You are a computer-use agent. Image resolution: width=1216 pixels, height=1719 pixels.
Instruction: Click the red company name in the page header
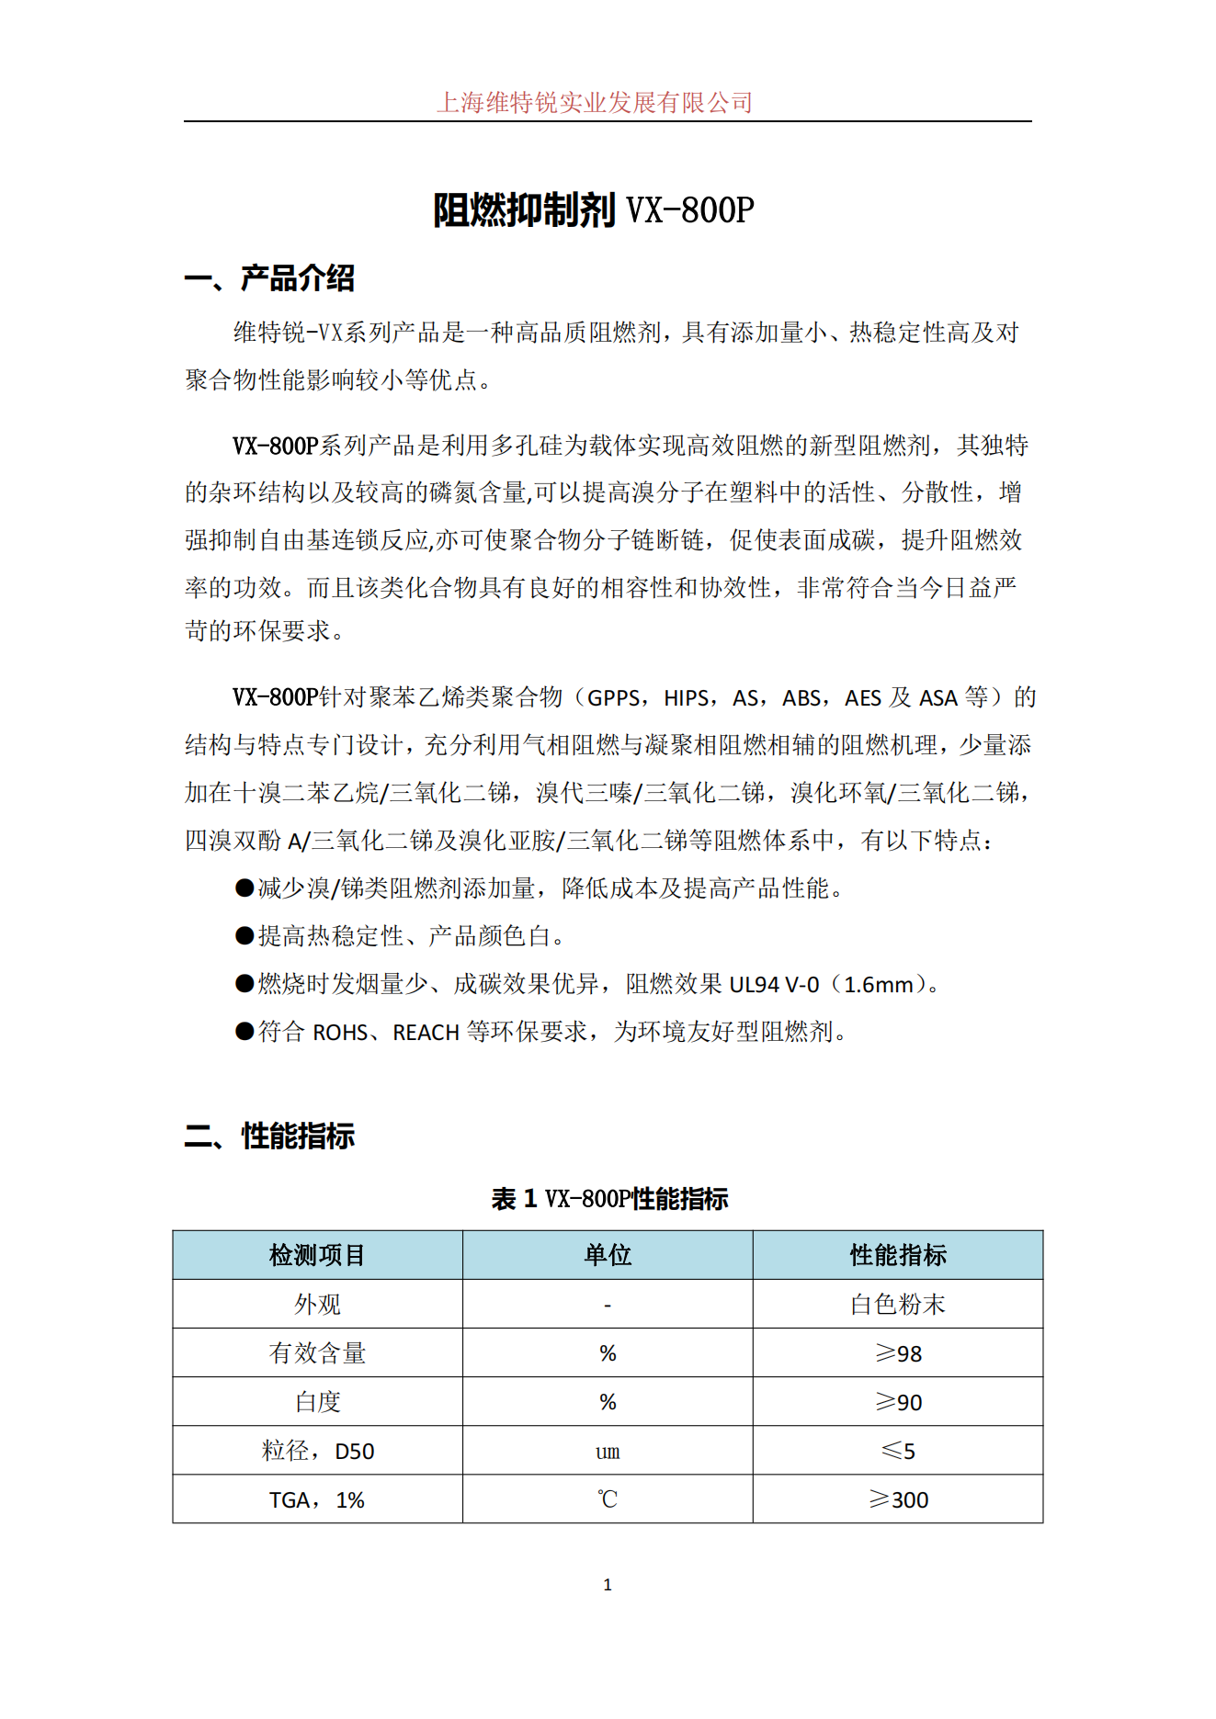(x=594, y=102)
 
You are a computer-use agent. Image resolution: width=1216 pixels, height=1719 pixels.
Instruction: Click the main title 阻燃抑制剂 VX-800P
(x=594, y=210)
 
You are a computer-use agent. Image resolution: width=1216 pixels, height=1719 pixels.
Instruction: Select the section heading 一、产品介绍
(x=269, y=277)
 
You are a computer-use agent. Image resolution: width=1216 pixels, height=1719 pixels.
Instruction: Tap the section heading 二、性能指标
(x=269, y=1137)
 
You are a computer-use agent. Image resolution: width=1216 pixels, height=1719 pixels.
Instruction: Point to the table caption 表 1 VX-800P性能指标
(x=609, y=1199)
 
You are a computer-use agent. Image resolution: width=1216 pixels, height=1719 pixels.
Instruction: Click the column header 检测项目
(x=317, y=1255)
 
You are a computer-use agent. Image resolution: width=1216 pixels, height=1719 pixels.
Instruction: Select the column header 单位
(x=608, y=1255)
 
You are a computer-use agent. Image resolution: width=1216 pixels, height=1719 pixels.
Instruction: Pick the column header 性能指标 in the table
(x=898, y=1255)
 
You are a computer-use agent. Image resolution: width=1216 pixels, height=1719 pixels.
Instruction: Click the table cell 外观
(x=317, y=1305)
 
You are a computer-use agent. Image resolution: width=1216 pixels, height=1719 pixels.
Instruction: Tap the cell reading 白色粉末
(x=898, y=1305)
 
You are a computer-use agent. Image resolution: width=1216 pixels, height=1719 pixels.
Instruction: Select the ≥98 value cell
(x=898, y=1353)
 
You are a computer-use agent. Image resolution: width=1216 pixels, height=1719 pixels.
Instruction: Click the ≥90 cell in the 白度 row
(x=898, y=1402)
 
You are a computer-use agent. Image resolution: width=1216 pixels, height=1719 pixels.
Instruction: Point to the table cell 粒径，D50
(x=317, y=1452)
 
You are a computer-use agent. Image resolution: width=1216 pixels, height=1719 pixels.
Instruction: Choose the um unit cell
(x=608, y=1452)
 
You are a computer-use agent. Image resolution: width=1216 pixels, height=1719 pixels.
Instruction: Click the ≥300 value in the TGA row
(x=898, y=1500)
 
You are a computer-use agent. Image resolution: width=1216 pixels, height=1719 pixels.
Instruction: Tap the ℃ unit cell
(x=608, y=1500)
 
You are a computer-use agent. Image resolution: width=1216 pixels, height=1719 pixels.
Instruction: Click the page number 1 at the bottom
(x=608, y=1585)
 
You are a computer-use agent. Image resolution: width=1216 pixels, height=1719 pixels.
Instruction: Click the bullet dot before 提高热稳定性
(x=244, y=936)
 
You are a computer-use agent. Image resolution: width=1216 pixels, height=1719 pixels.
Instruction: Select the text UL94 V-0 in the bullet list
(x=774, y=985)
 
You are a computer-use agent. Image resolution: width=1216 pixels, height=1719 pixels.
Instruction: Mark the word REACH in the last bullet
(x=426, y=1033)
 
